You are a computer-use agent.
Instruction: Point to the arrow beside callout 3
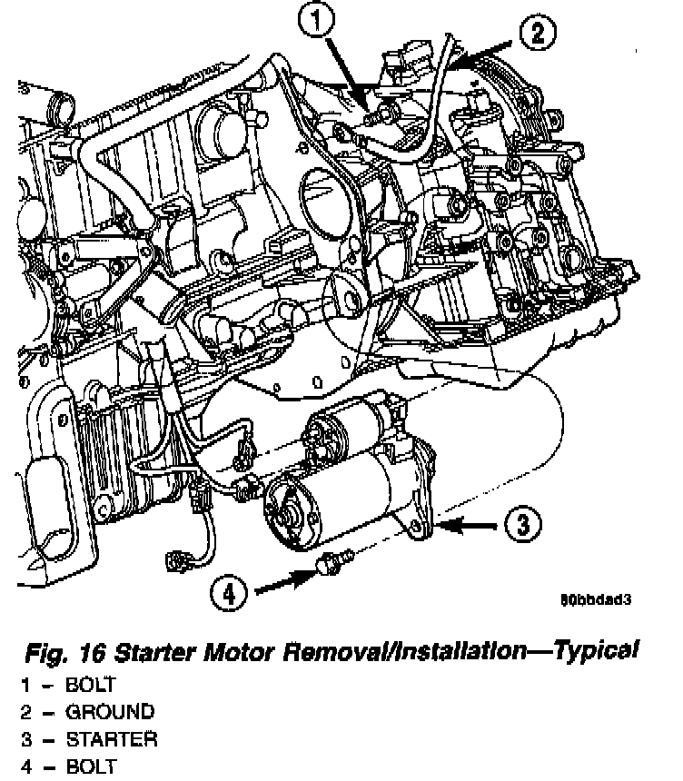point(467,524)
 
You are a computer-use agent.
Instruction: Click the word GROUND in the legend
point(109,711)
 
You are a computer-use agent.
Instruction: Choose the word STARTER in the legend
point(112,738)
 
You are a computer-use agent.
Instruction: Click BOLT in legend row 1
point(91,684)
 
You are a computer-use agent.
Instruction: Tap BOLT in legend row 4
point(91,766)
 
